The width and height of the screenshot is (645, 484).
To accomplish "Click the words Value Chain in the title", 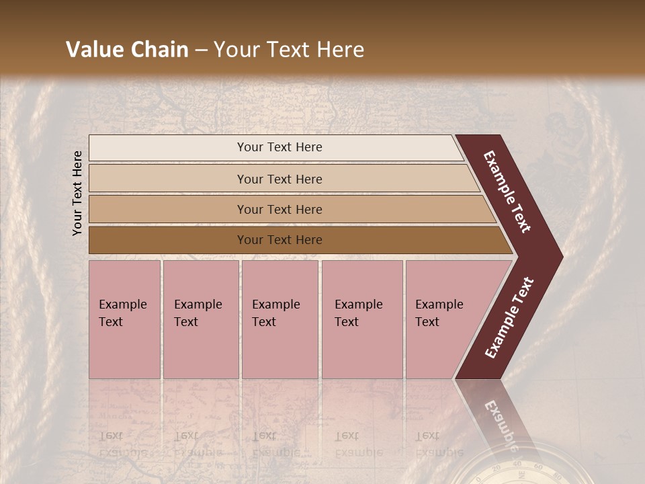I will point(127,50).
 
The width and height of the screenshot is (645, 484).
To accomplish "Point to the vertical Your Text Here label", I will point(77,193).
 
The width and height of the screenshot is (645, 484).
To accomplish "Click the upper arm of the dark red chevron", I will point(507,192).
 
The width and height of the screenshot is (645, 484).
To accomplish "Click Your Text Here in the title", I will point(289,50).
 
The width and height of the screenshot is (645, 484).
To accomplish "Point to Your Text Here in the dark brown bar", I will point(279,240).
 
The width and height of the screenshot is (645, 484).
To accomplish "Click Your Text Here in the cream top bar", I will point(279,147).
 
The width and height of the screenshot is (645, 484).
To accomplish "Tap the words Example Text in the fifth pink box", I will point(439,313).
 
